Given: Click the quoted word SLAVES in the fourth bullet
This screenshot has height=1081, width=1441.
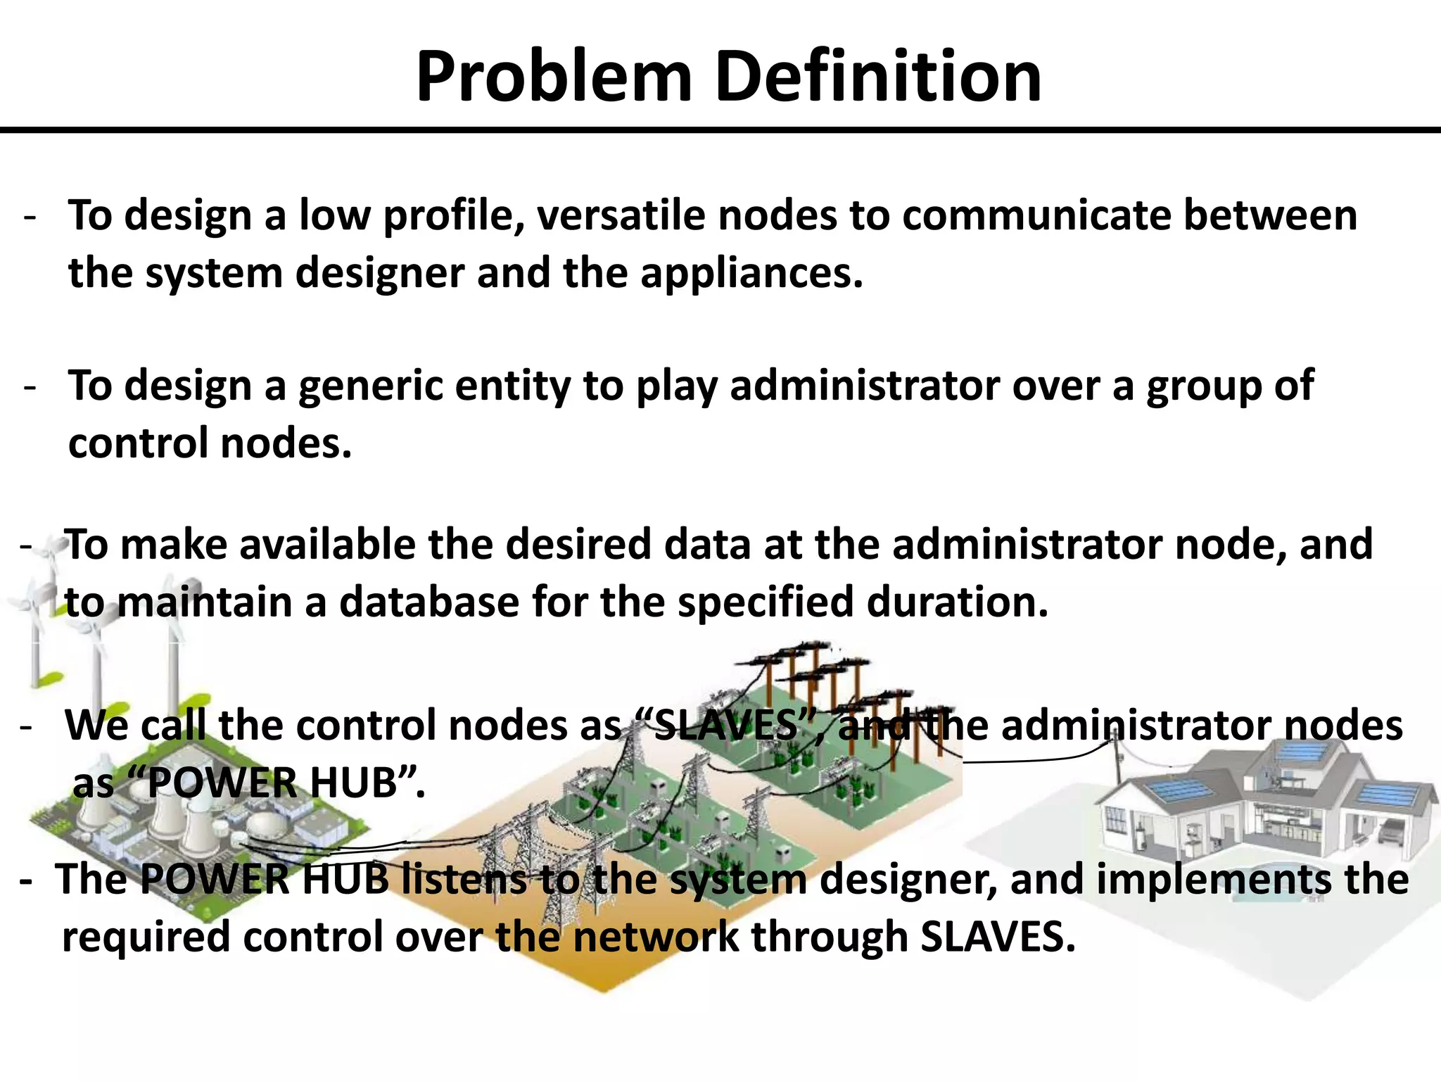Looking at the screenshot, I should (725, 726).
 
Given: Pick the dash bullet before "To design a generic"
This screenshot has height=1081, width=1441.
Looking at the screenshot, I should (30, 386).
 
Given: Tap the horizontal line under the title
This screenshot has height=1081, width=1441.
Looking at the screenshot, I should (720, 130).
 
